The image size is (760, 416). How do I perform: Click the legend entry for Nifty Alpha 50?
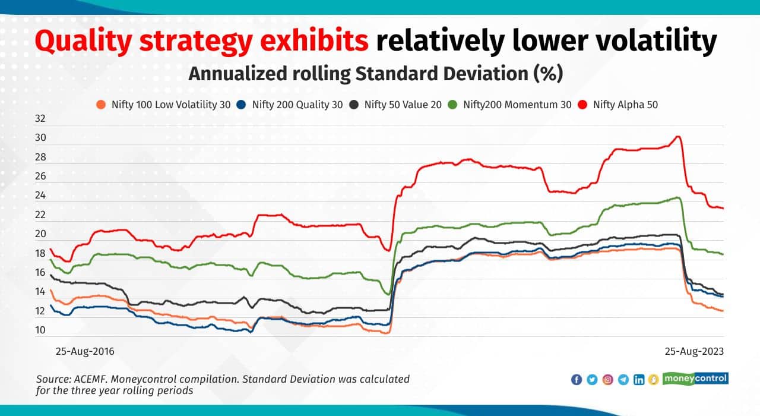click(625, 105)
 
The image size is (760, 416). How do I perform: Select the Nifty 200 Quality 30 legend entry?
click(297, 105)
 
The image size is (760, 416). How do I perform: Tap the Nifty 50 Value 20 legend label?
click(403, 105)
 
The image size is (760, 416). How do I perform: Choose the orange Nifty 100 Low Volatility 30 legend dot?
click(102, 105)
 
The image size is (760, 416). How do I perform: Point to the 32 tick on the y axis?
click(40, 118)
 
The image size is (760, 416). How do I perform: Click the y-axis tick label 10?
click(40, 330)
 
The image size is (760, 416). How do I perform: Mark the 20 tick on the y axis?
click(40, 234)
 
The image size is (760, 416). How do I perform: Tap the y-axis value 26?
click(40, 177)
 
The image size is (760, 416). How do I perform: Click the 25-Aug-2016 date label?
click(85, 351)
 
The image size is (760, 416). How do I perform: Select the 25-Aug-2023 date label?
click(693, 351)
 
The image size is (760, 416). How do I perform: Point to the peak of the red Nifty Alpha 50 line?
click(677, 137)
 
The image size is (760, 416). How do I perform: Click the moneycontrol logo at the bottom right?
click(695, 379)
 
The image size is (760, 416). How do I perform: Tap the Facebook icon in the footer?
click(577, 380)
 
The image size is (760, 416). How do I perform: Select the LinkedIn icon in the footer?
click(639, 380)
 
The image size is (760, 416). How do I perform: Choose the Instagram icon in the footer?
click(608, 380)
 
